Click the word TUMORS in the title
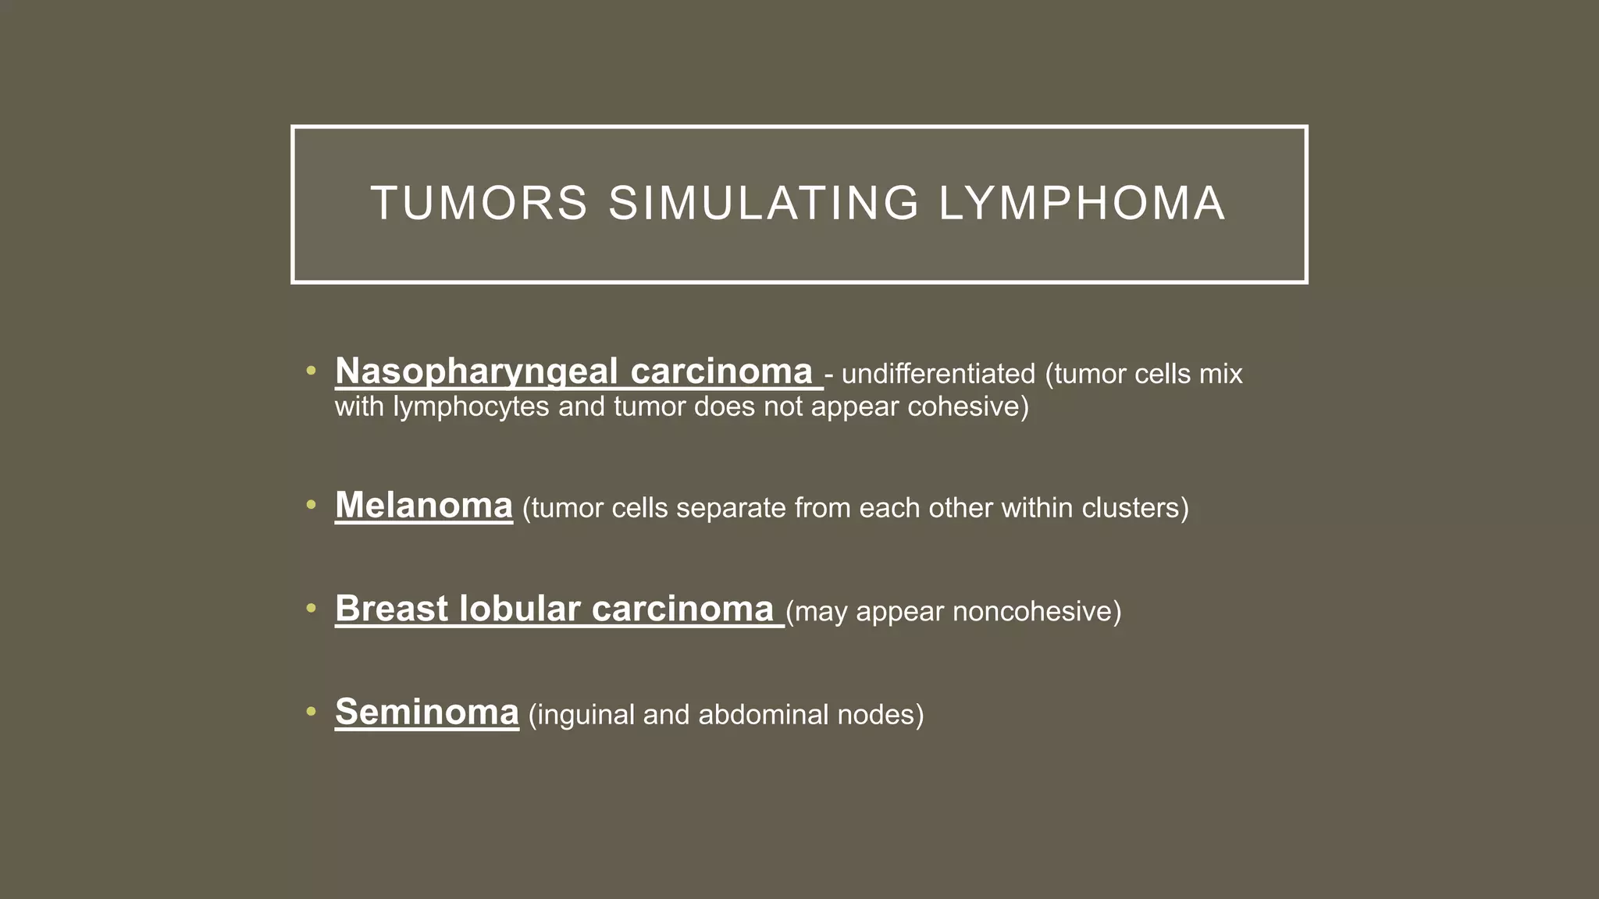[x=479, y=204]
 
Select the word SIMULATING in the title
[x=764, y=204]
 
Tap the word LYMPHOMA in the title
[x=1081, y=204]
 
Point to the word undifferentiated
[x=938, y=374]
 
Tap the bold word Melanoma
[x=423, y=506]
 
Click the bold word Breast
[x=390, y=609]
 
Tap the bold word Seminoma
[x=426, y=712]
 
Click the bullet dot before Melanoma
[x=311, y=506]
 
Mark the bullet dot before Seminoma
[x=311, y=712]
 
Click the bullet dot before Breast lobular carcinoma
[x=311, y=609]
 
